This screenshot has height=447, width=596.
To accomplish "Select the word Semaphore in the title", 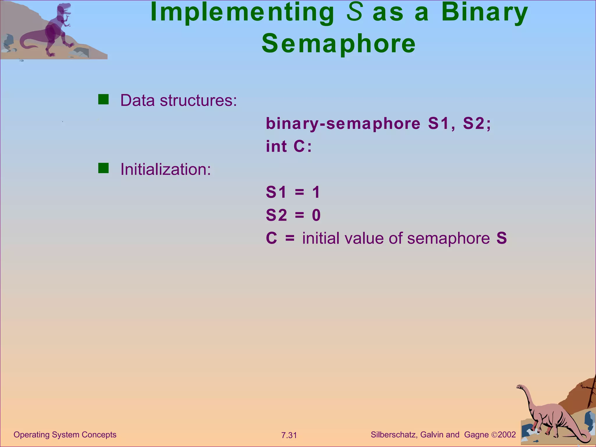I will [339, 44].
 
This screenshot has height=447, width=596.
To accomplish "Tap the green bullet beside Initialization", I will [103, 168].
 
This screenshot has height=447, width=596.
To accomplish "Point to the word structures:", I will [198, 100].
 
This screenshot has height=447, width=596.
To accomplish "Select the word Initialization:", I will [166, 169].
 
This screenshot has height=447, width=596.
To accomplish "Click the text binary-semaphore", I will [343, 123].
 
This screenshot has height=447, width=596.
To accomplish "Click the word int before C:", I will [276, 146].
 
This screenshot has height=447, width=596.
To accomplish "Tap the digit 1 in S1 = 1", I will [316, 192].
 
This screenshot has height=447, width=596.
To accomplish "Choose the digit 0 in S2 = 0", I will [316, 215].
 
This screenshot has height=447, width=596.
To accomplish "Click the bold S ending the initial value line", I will [501, 238].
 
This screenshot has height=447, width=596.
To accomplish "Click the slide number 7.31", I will [289, 435].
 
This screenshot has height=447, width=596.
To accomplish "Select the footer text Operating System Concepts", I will [65, 435].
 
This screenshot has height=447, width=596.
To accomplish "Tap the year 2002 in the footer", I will [507, 435].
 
